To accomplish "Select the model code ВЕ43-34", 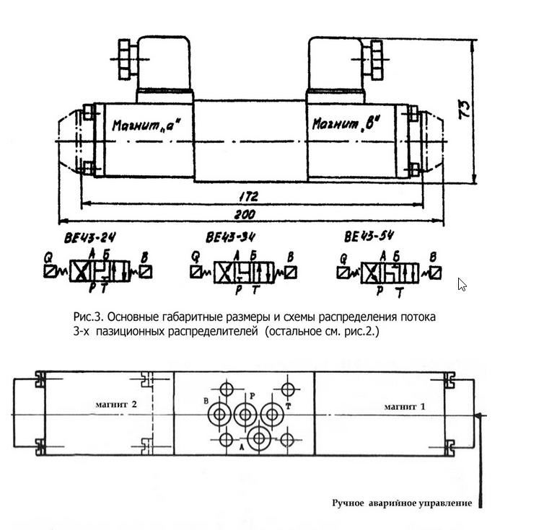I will [x=230, y=237].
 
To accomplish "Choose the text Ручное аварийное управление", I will [x=402, y=503].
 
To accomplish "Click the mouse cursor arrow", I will [x=462, y=284].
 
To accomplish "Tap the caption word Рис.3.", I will [x=88, y=317].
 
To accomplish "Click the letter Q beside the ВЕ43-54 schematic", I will [x=343, y=257].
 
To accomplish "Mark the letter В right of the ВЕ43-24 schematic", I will [x=145, y=256].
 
